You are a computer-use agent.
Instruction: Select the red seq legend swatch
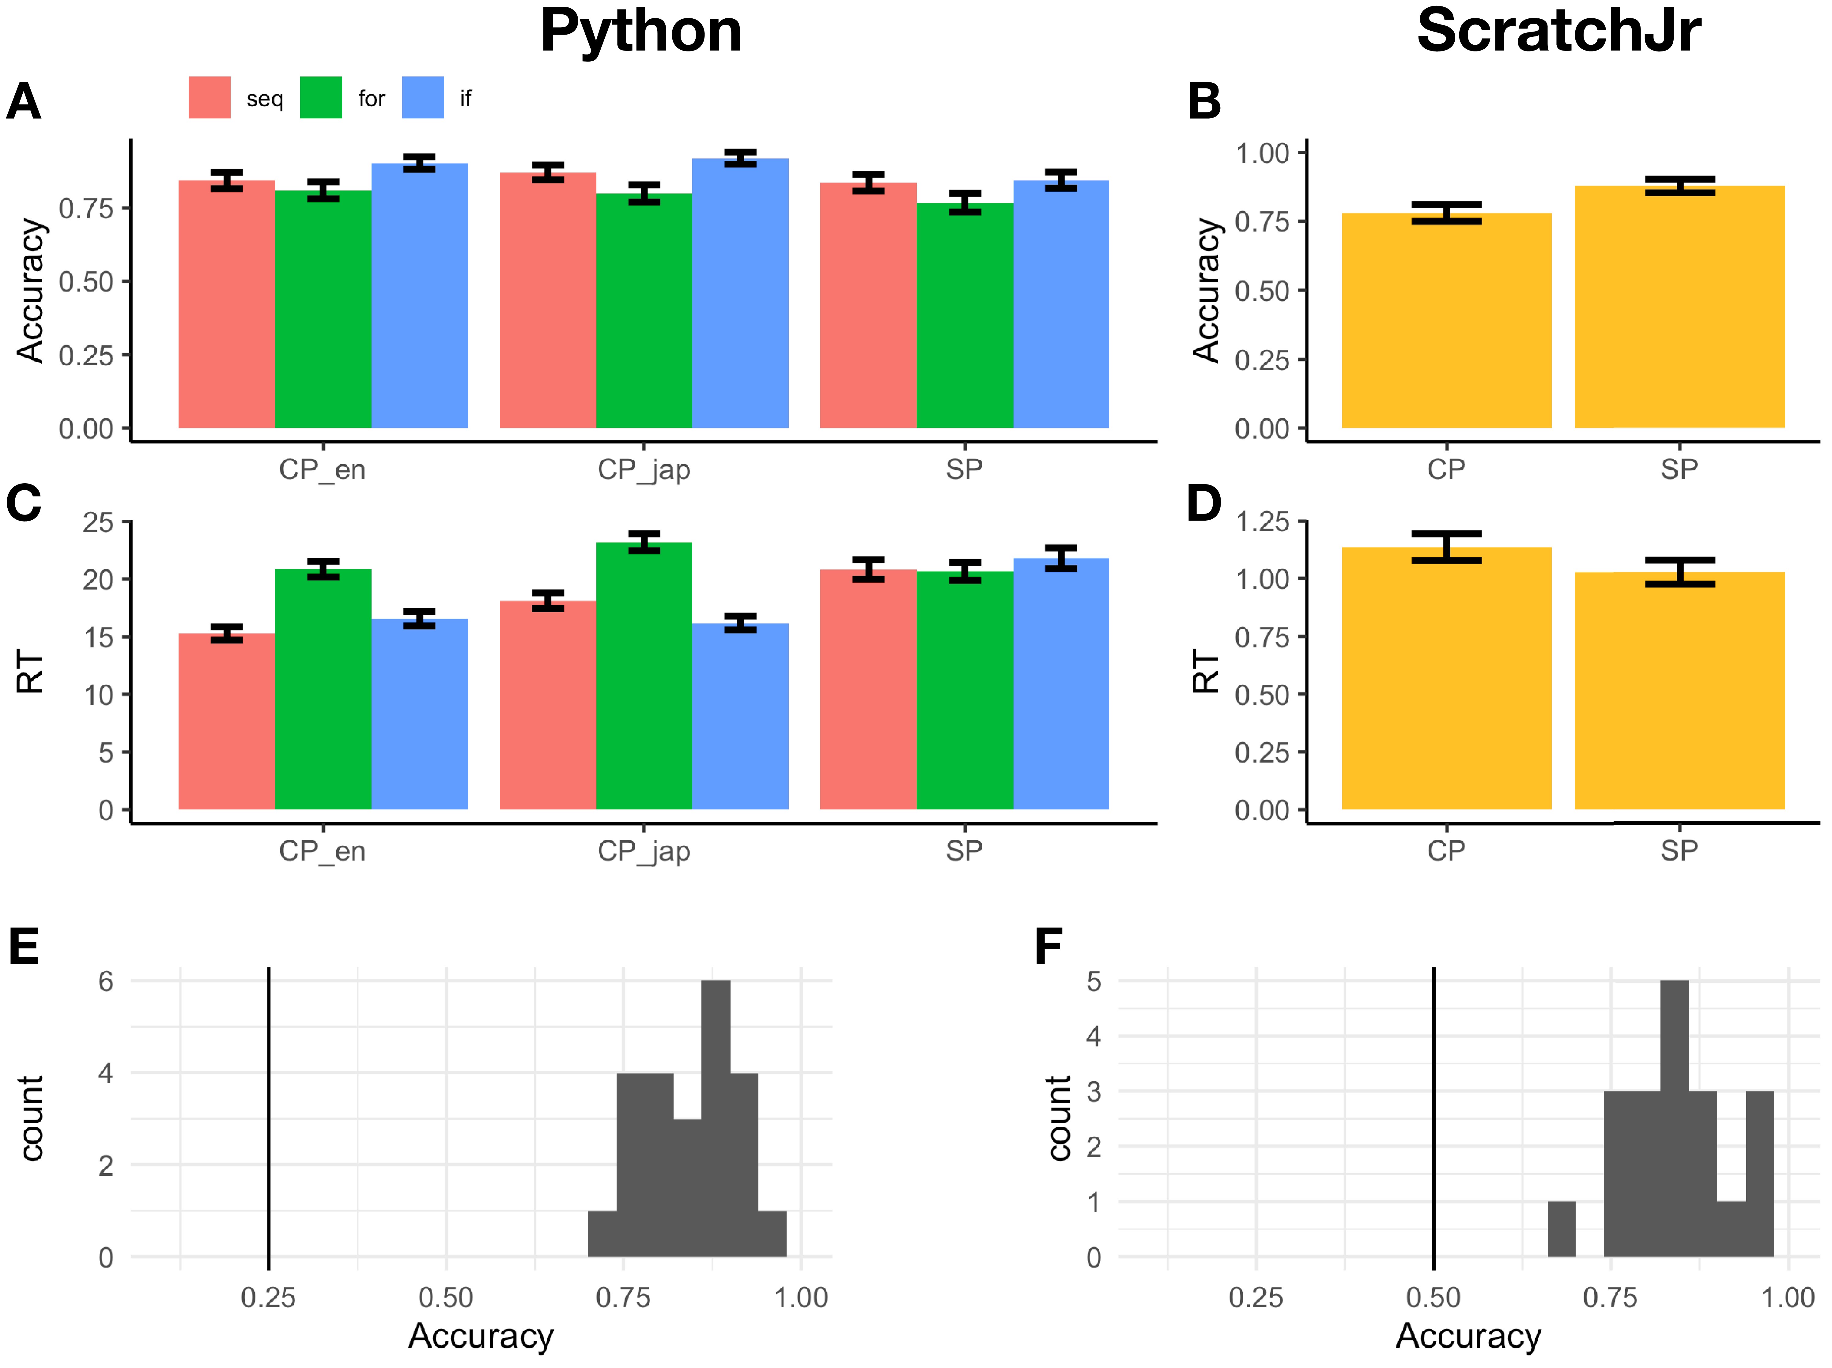210,98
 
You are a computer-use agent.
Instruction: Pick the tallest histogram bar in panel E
716,1118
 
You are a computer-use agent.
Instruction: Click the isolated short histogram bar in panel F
1561,1230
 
